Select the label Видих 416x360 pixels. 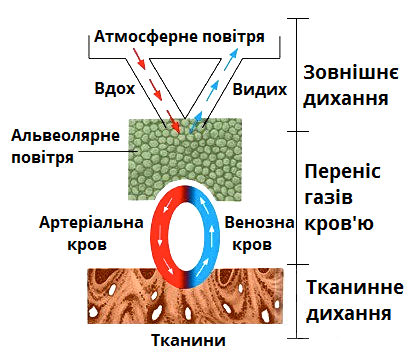click(x=255, y=88)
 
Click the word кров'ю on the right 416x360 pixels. click(x=340, y=223)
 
